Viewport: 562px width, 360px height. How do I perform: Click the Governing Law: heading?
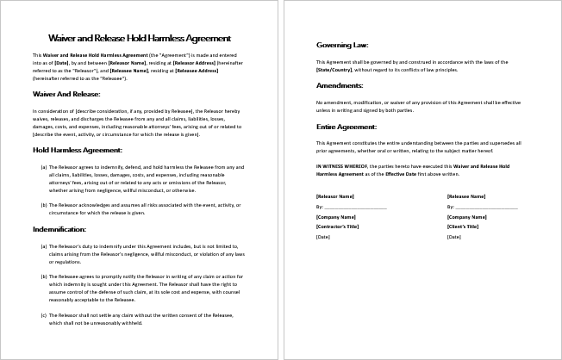[x=342, y=44]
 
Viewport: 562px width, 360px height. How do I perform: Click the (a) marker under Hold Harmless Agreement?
[x=44, y=167]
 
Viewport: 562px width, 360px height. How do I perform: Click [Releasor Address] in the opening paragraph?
[x=195, y=62]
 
